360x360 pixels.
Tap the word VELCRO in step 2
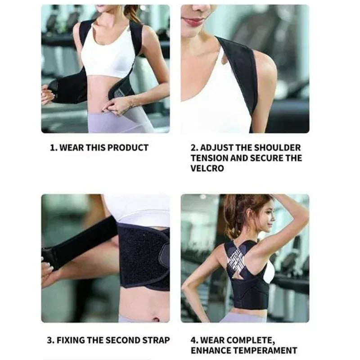(207, 169)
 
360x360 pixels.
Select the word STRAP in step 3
(157, 340)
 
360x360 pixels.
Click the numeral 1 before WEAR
(53, 148)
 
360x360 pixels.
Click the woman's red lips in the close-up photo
(194, 21)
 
